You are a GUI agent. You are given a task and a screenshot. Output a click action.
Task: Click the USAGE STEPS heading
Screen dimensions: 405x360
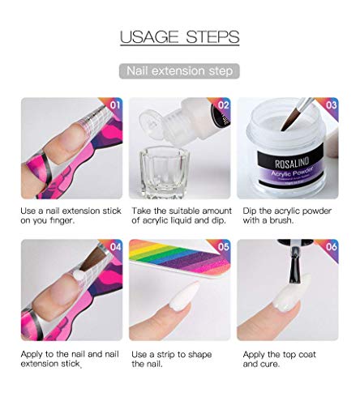[x=179, y=36]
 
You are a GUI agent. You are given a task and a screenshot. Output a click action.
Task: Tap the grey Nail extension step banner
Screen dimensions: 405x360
[x=179, y=71]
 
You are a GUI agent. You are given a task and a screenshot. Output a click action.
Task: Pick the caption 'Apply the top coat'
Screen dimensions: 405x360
[x=280, y=355]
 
